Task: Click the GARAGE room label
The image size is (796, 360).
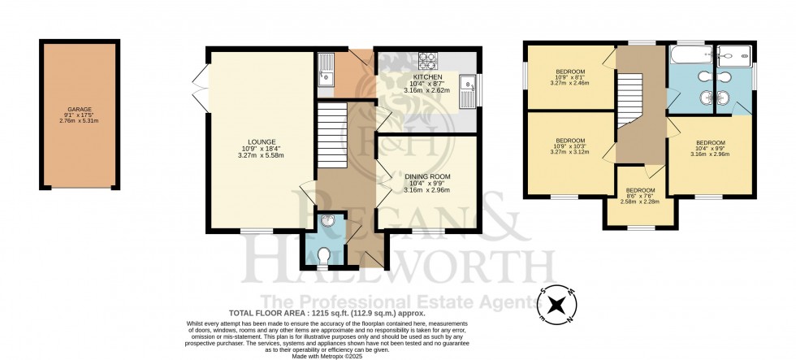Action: click(x=80, y=109)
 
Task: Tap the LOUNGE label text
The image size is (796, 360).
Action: click(x=262, y=141)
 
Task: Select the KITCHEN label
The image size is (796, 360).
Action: click(x=424, y=76)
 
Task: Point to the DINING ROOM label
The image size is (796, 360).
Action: click(x=427, y=176)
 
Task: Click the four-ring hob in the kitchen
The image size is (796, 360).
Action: click(x=427, y=60)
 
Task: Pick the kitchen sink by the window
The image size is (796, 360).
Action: click(x=466, y=91)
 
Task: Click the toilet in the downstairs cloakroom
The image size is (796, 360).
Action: click(x=323, y=255)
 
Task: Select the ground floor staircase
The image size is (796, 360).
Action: click(x=332, y=135)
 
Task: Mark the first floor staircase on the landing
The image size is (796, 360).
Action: click(x=630, y=101)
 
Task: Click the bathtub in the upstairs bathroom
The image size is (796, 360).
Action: click(x=690, y=54)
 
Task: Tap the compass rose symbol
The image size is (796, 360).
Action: click(x=557, y=306)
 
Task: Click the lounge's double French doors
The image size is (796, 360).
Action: click(x=201, y=89)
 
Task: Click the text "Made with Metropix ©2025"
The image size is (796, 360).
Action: click(x=327, y=355)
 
